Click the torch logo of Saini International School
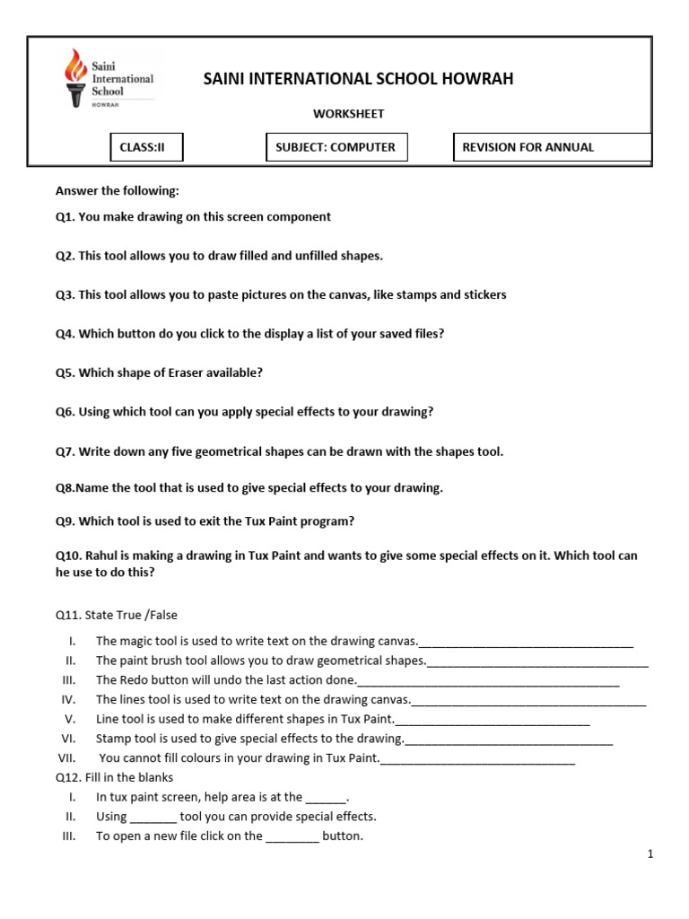(x=76, y=78)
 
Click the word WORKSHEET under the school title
(x=348, y=114)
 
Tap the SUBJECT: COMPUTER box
(x=336, y=147)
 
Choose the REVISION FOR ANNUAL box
(x=552, y=147)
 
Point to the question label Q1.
(x=65, y=217)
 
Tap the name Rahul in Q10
(x=102, y=556)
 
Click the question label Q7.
(x=65, y=451)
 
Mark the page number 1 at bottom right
(x=650, y=855)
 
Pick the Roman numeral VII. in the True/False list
(x=70, y=758)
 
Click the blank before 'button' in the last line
(x=292, y=837)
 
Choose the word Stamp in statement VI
(x=113, y=739)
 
